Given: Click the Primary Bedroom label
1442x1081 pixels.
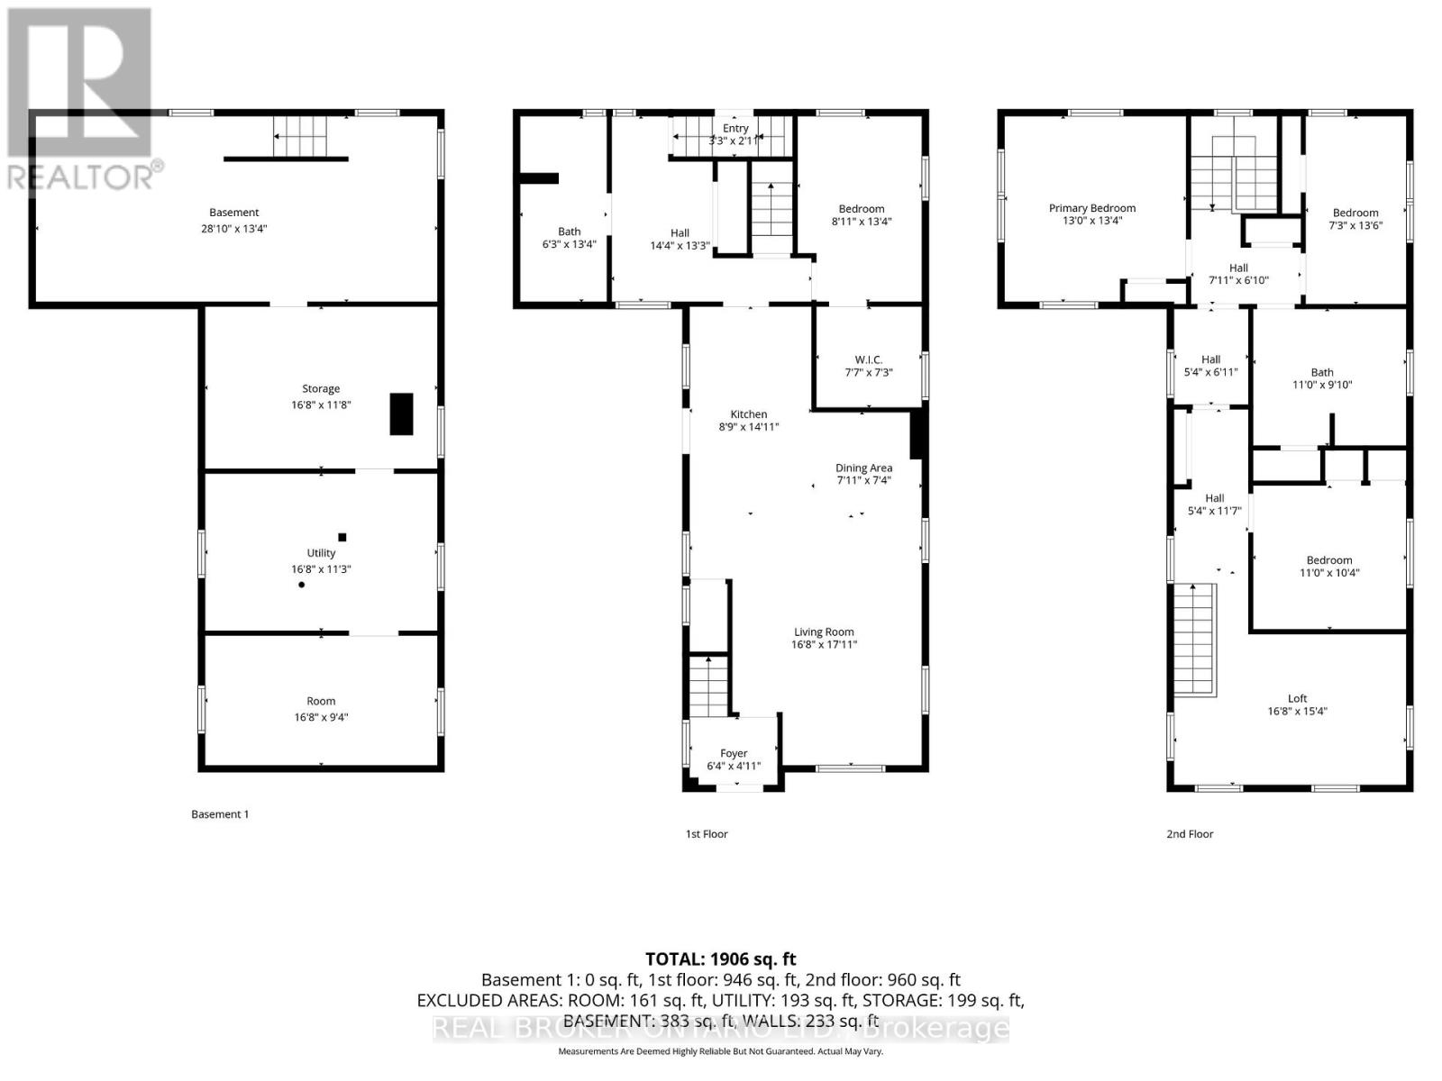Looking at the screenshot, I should pos(1091,208).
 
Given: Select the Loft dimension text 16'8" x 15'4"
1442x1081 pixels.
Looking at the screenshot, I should pos(1297,711).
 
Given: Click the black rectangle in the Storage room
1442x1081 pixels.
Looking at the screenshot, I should pos(401,414).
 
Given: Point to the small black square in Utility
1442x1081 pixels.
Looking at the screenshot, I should pos(342,538).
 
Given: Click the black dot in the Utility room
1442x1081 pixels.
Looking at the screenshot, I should pos(302,585).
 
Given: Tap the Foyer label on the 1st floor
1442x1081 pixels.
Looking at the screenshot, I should pos(734,753).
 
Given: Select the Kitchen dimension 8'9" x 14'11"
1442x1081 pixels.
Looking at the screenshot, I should pos(748,427).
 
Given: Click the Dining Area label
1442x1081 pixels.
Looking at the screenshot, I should pos(863,468).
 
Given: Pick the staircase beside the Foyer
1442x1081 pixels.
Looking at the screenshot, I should pos(709,686).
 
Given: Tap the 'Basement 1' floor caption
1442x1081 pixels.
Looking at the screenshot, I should pos(220,814).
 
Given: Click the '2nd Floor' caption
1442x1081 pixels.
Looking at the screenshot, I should pos(1190,834).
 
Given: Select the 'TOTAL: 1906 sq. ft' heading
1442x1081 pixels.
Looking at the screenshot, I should pos(721,959).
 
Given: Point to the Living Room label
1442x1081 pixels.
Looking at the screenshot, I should pos(824,632).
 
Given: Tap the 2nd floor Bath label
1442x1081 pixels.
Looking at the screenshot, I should pos(1322,372).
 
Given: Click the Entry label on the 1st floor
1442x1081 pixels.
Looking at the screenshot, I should pos(735,129).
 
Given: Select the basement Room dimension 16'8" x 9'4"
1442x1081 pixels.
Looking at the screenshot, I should pos(321,717).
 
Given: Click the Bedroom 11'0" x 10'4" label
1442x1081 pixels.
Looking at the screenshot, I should pos(1329,560).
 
